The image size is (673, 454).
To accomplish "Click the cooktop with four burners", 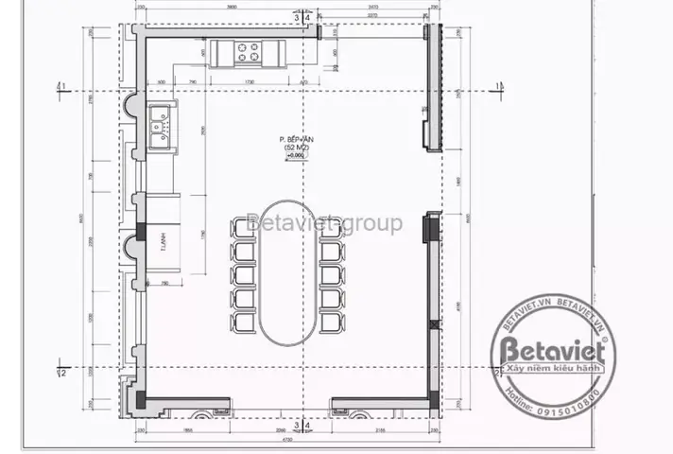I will coord(250,52).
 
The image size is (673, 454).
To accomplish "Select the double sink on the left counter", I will coord(161,130).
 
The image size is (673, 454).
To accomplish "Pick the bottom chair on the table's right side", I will coord(333,323).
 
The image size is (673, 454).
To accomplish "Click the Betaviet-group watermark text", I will coord(324,224).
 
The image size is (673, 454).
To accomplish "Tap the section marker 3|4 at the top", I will coord(302,16).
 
